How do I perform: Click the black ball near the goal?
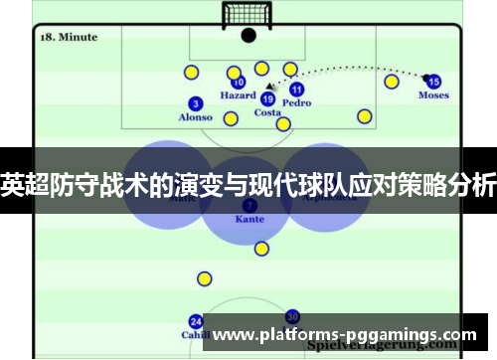pyautogui.click(x=248, y=36)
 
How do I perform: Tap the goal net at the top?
pyautogui.click(x=248, y=14)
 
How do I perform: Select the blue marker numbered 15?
pyautogui.click(x=433, y=82)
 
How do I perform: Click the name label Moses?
pyautogui.click(x=433, y=96)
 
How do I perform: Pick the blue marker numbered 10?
pyautogui.click(x=238, y=83)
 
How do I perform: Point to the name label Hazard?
pyautogui.click(x=238, y=96)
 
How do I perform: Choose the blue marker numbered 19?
pyautogui.click(x=267, y=98)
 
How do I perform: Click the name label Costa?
pyautogui.click(x=267, y=112)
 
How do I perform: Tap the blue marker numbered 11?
pyautogui.click(x=296, y=89)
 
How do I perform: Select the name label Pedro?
pyautogui.click(x=296, y=102)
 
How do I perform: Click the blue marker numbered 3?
pyautogui.click(x=196, y=103)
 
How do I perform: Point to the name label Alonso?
pyautogui.click(x=196, y=117)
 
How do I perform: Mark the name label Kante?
pyautogui.click(x=249, y=219)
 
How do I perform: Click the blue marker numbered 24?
pyautogui.click(x=196, y=321)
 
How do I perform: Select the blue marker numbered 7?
pyautogui.click(x=249, y=205)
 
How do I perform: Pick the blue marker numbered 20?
pyautogui.click(x=292, y=316)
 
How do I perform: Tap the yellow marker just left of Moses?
pyautogui.click(x=392, y=82)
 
